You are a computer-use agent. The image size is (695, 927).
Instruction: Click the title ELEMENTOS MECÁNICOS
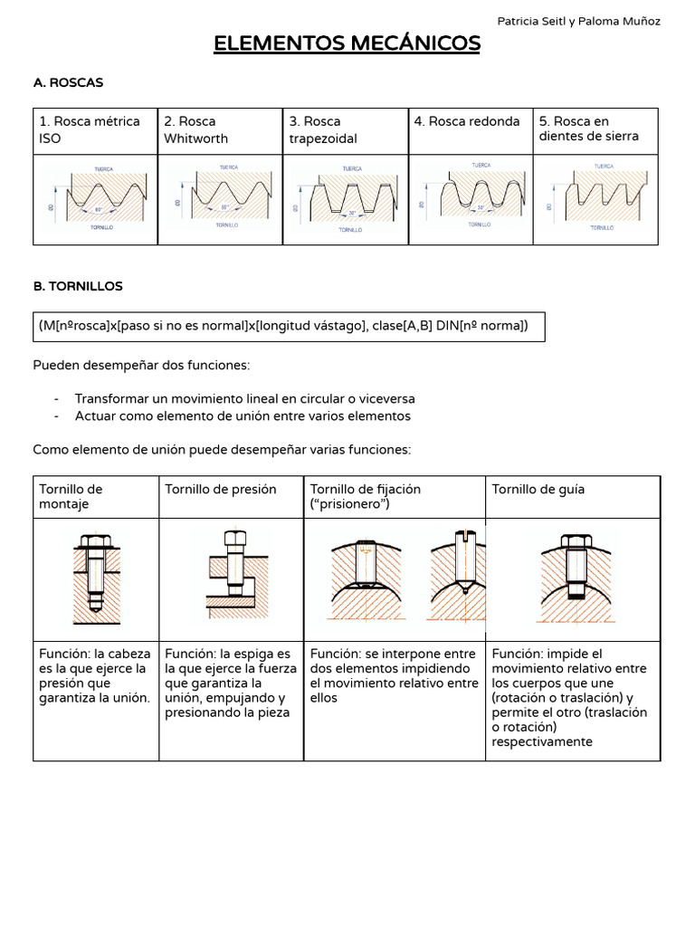coord(347,43)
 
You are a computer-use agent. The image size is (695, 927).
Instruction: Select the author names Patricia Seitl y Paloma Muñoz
coord(579,21)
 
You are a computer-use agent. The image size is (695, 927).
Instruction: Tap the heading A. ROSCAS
coord(68,82)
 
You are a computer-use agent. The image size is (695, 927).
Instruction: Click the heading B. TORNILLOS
coord(78,286)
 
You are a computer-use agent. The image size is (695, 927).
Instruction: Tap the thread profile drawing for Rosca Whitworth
coord(221,198)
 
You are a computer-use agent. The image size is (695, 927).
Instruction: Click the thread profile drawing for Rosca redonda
coord(471,198)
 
